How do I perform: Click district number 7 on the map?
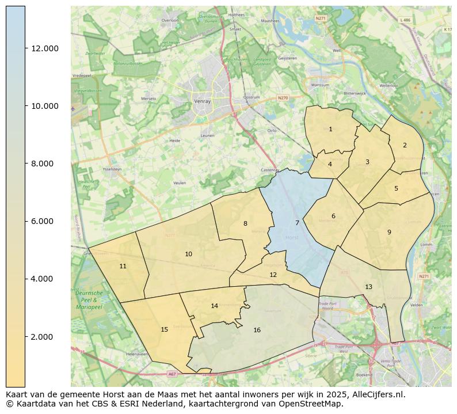[297, 223]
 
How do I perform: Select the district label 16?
[257, 330]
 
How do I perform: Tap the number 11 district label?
[123, 266]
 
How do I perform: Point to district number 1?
[330, 129]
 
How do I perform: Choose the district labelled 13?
[368, 287]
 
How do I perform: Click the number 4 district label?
[330, 164]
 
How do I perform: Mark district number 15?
[164, 329]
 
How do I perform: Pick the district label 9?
[389, 232]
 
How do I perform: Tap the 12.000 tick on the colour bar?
[45, 48]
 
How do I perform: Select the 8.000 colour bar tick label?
[45, 164]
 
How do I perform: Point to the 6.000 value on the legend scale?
[45, 221]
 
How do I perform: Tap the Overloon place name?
[170, 20]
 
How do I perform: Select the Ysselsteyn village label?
[112, 170]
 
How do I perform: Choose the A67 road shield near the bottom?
[172, 374]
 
